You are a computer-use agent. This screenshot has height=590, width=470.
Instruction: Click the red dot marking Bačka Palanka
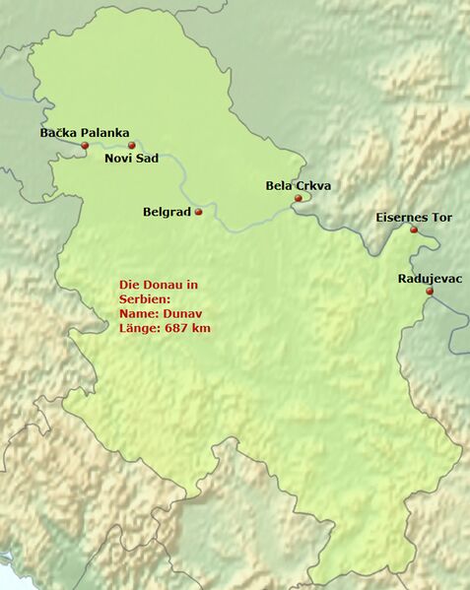(x=85, y=146)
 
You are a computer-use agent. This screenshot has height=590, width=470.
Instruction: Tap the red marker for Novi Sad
(x=131, y=146)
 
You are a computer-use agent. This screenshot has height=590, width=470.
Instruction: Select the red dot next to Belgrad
(x=199, y=212)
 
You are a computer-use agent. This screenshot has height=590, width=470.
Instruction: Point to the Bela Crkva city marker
(x=298, y=198)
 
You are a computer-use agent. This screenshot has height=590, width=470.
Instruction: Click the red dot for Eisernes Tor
(x=414, y=229)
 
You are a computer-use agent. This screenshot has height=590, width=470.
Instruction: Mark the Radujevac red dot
(x=430, y=292)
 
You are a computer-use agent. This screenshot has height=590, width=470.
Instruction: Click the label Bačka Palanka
(x=84, y=132)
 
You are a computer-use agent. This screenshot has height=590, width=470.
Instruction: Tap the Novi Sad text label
(x=133, y=160)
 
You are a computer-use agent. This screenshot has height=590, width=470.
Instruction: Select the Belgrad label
(x=166, y=212)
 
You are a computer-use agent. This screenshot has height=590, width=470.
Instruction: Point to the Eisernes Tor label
(x=414, y=217)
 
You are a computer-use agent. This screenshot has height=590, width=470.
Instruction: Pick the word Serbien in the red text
(x=144, y=298)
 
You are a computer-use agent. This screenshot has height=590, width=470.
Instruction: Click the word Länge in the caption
(x=138, y=328)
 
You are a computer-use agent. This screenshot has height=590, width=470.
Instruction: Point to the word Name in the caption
(x=136, y=313)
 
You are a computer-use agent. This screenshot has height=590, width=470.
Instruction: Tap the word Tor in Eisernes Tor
(x=440, y=217)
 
